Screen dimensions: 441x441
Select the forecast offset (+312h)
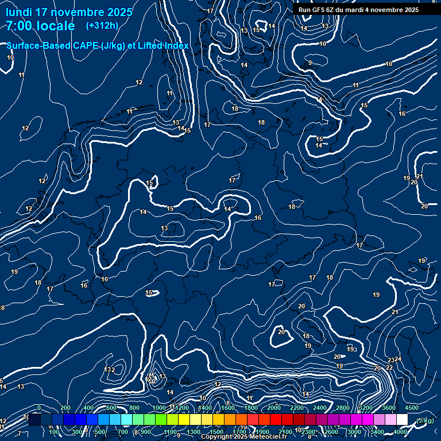click(x=102, y=25)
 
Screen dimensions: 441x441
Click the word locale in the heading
click(x=56, y=26)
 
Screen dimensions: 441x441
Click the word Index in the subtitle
click(x=175, y=45)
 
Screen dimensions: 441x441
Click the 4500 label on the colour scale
click(x=411, y=408)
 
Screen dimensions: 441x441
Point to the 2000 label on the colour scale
click(x=274, y=408)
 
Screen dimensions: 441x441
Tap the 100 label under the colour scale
click(x=54, y=432)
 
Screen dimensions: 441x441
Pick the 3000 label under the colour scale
click(x=354, y=432)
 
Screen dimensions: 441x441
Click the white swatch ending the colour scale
click(x=402, y=420)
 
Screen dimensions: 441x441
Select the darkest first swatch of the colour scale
click(x=34, y=420)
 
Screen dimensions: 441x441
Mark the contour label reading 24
click(x=398, y=359)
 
